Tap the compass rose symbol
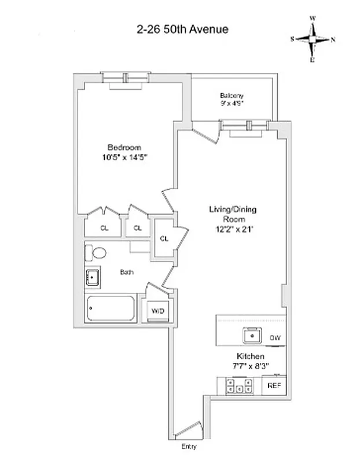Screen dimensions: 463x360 click(x=313, y=39)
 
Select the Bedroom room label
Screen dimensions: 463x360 click(x=124, y=147)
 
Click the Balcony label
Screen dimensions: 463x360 click(x=232, y=95)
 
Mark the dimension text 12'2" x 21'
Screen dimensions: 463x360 click(x=234, y=229)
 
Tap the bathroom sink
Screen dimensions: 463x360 click(x=93, y=278)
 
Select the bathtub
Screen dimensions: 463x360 click(x=111, y=309)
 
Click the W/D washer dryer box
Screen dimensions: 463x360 click(x=157, y=311)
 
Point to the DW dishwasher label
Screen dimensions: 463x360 click(x=275, y=337)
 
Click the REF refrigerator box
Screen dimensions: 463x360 click(x=274, y=385)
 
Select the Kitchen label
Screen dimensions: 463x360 click(x=250, y=356)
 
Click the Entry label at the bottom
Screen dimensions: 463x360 click(x=189, y=447)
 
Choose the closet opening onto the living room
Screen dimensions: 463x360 click(x=164, y=238)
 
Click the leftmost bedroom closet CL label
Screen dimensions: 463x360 click(x=104, y=228)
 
